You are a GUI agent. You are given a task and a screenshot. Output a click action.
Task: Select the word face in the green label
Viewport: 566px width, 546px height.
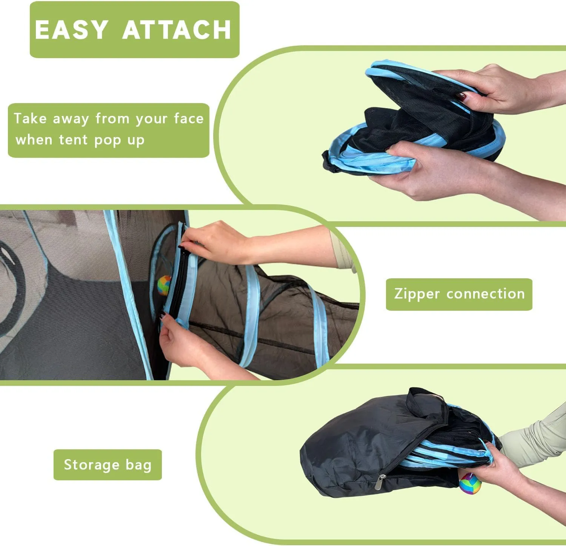click(189, 119)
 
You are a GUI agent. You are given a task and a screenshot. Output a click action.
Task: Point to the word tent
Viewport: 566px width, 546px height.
click(74, 140)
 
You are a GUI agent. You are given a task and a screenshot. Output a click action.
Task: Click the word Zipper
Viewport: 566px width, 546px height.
click(417, 294)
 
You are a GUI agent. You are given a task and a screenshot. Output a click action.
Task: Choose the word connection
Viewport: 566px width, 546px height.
click(486, 294)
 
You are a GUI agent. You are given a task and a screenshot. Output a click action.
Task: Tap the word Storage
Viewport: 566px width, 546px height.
click(91, 465)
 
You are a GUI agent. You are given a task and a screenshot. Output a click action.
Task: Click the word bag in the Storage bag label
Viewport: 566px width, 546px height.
click(138, 465)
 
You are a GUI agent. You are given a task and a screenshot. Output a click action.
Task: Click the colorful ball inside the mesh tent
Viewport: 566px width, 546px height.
click(164, 285)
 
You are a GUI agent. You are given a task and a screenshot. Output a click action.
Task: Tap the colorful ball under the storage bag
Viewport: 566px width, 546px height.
click(470, 483)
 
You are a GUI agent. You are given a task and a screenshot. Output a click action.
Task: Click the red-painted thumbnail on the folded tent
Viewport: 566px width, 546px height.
click(462, 96)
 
